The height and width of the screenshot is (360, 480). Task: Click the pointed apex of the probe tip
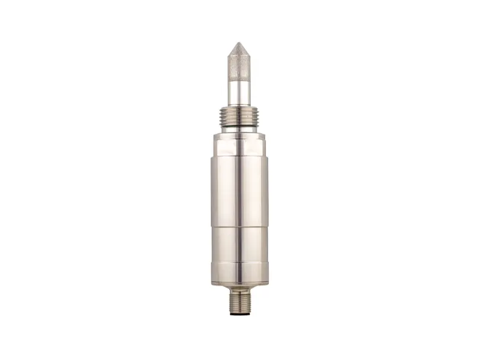[240, 43]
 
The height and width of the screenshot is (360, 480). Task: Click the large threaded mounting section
[240, 118]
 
